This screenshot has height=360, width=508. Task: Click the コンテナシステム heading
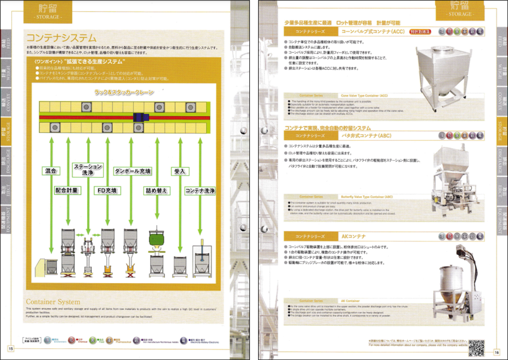[x=61, y=38]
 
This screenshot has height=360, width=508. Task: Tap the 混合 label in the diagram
[x=50, y=171]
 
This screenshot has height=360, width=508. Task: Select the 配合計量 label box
[x=67, y=191]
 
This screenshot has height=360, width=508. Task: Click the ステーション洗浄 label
[x=88, y=169]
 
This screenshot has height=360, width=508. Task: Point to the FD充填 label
[x=107, y=191]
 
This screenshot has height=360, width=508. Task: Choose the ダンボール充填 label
[x=132, y=171]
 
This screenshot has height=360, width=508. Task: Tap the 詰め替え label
[x=156, y=191]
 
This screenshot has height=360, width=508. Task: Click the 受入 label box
[x=179, y=171]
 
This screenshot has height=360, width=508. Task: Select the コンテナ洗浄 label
[x=200, y=191]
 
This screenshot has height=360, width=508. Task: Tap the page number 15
[x=10, y=348]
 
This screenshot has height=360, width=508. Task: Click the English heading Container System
[x=53, y=302]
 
